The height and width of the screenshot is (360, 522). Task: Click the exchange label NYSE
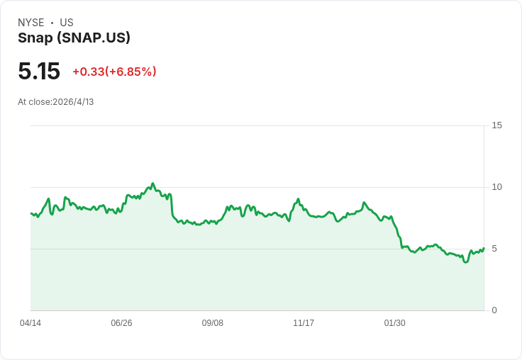click(x=31, y=23)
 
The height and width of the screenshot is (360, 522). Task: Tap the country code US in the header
click(x=67, y=23)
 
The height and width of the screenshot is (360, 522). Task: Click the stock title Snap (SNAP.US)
click(x=74, y=38)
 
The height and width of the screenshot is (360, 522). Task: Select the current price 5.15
click(x=39, y=71)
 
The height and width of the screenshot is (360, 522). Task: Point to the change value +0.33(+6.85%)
click(x=114, y=72)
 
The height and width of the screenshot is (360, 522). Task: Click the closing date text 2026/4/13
click(x=73, y=102)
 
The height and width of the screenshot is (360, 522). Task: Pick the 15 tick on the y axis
click(x=496, y=125)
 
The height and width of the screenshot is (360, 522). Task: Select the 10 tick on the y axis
click(x=496, y=187)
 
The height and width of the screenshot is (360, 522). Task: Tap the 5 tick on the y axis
click(x=494, y=249)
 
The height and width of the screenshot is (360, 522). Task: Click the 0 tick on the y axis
click(x=494, y=310)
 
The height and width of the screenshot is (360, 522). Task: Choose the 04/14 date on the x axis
click(x=30, y=322)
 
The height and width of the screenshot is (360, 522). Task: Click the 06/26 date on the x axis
click(x=121, y=322)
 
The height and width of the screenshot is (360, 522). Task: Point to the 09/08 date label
click(x=212, y=322)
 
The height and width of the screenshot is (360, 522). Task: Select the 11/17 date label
click(x=304, y=322)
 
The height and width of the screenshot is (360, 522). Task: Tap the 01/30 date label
click(x=395, y=322)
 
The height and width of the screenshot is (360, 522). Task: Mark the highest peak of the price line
click(x=152, y=184)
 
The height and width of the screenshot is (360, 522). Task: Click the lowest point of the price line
click(x=466, y=262)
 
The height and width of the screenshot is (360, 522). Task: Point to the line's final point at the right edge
click(x=484, y=248)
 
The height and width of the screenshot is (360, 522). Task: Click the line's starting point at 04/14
click(x=30, y=213)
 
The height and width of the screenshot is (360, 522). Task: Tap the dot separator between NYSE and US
click(x=52, y=23)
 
